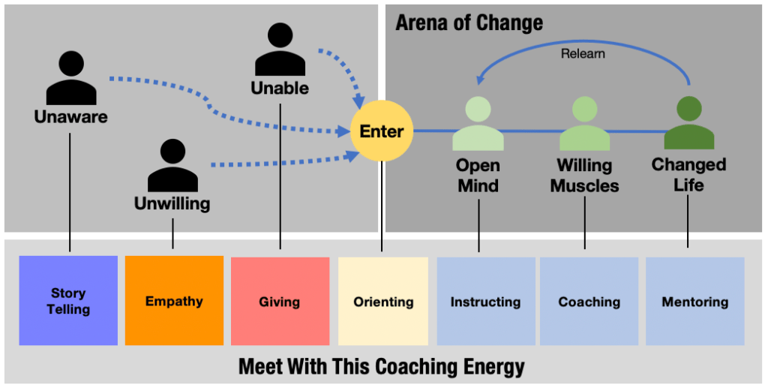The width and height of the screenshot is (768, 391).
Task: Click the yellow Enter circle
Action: click(382, 131)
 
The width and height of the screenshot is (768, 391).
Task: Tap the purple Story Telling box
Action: click(68, 300)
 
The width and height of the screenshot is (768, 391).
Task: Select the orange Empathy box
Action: click(174, 300)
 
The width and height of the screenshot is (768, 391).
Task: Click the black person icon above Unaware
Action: click(71, 79)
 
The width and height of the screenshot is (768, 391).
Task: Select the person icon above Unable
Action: click(280, 50)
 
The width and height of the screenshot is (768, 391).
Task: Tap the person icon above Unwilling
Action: click(172, 167)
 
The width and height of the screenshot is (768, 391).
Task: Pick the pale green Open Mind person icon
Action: click(478, 124)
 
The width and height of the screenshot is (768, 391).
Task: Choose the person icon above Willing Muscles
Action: click(584, 124)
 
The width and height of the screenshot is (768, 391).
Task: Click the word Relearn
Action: click(583, 53)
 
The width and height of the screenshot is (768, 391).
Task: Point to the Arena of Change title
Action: click(469, 23)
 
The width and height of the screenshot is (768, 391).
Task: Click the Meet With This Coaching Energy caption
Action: click(381, 367)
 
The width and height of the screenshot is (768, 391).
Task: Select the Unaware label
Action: click(70, 116)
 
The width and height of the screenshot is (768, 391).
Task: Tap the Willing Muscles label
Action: click(584, 175)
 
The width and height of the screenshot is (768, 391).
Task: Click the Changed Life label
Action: click(688, 174)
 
